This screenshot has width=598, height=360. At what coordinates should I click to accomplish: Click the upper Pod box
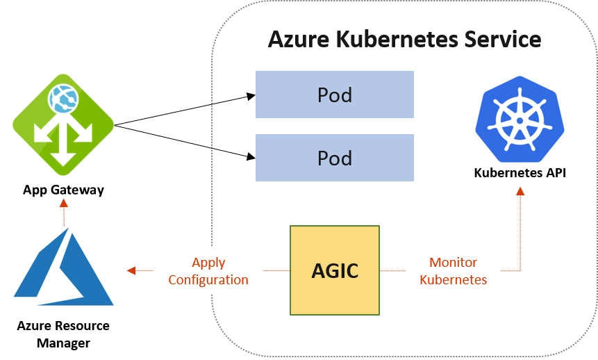334,95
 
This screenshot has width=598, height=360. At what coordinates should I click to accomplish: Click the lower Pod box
334,158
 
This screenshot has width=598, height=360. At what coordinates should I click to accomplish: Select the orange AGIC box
335,270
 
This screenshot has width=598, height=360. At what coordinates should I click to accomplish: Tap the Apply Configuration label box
208,271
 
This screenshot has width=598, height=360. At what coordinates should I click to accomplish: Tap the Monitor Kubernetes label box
453,271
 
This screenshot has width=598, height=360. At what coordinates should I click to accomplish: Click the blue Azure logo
64,268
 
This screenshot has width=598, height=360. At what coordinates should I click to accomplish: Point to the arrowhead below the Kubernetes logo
520,190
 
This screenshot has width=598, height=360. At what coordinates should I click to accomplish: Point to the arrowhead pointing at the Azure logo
131,271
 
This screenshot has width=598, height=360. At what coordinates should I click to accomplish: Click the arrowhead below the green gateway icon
64,202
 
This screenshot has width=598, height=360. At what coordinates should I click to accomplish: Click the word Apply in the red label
208,263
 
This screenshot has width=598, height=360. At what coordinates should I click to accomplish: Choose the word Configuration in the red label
208,280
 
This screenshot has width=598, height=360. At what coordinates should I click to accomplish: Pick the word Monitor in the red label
453,263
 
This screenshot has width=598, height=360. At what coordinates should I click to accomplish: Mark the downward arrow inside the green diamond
63,156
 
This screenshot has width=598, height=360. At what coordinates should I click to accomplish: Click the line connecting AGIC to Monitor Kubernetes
393,271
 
